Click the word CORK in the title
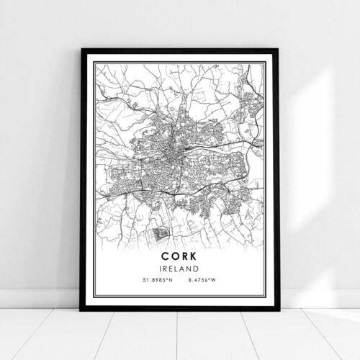coord(179,256)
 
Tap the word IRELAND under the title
coord(179,269)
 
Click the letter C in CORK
coord(165,256)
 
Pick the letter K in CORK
coord(194,256)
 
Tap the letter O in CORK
coord(174,256)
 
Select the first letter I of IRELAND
coord(163,269)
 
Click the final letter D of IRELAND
coord(196,269)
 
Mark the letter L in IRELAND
coord(179,269)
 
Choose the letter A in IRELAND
coord(184,269)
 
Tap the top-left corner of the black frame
coord(82,50)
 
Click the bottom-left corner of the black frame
coord(82,310)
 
